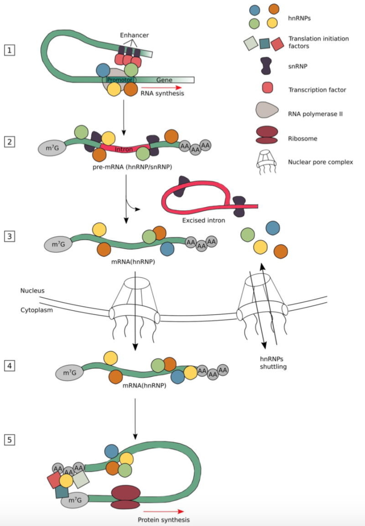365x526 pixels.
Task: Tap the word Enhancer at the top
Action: coord(134,35)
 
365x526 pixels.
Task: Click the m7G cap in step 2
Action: coord(52,148)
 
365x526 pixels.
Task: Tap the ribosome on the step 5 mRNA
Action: coord(125,497)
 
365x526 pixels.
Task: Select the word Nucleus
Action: coord(32,290)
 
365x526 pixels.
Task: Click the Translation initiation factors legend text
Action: coord(318,42)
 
